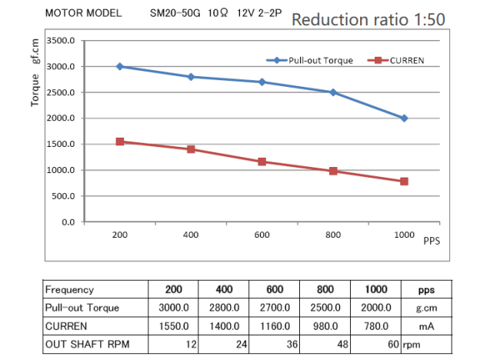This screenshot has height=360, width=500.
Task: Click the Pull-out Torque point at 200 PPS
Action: (x=120, y=67)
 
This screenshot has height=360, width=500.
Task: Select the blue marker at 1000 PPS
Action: (x=404, y=118)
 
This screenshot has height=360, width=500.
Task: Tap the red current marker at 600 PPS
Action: (x=262, y=162)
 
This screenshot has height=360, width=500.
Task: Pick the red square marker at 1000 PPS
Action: (x=404, y=182)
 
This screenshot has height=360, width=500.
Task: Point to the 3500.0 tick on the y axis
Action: (x=61, y=41)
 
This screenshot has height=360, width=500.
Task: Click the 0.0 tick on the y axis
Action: (x=68, y=222)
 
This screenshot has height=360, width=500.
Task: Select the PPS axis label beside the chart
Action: (x=432, y=240)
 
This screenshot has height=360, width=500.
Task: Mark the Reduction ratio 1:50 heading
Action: (x=368, y=20)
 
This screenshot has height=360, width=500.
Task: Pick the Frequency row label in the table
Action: (x=70, y=290)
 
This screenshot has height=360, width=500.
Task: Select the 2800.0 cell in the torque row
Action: (x=224, y=308)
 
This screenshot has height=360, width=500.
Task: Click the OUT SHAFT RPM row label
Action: (x=85, y=344)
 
